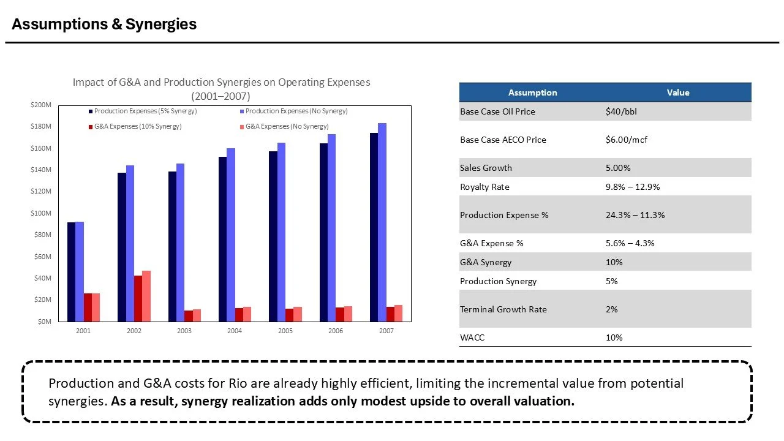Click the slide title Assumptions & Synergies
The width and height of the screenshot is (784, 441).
[x=104, y=24]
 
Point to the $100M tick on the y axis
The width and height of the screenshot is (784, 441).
[x=42, y=213]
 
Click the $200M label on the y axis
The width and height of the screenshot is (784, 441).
[x=42, y=105]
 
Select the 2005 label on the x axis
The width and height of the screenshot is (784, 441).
[x=285, y=331]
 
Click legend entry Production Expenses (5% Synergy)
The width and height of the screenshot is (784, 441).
[x=145, y=111]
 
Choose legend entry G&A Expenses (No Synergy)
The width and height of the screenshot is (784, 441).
[x=287, y=126]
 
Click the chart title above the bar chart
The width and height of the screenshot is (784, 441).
[x=221, y=89]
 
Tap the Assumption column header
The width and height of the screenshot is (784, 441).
[x=532, y=92]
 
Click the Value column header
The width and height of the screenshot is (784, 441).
[x=677, y=92]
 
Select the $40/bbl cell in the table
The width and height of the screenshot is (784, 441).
[x=623, y=111]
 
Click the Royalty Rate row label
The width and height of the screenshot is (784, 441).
[x=484, y=187]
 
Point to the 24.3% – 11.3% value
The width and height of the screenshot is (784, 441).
[x=635, y=215]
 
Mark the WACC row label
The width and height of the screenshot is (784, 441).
[x=472, y=337]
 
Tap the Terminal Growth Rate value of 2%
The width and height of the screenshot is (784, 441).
[x=611, y=309]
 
